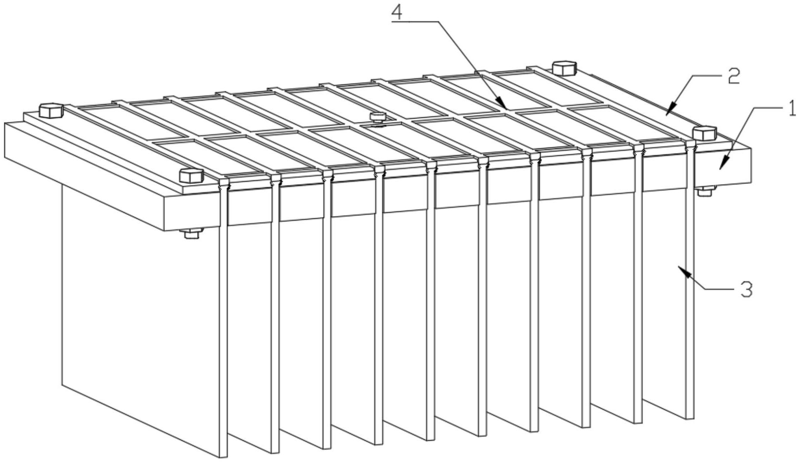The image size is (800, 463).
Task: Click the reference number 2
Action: click(733, 76)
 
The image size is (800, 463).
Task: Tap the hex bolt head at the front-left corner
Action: click(192, 175)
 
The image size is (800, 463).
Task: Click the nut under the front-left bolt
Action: click(192, 233)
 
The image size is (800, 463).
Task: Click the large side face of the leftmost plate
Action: click(140, 306)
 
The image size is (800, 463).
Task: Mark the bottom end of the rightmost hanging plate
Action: click(690, 418)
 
